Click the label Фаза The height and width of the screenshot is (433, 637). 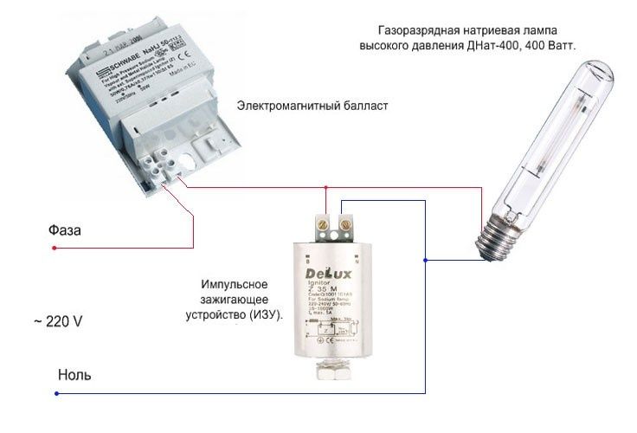66,231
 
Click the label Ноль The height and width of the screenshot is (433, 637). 74,376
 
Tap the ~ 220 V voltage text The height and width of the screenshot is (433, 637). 58,321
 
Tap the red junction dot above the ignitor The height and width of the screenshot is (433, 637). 325,186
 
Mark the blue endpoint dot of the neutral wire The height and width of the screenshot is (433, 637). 57,394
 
